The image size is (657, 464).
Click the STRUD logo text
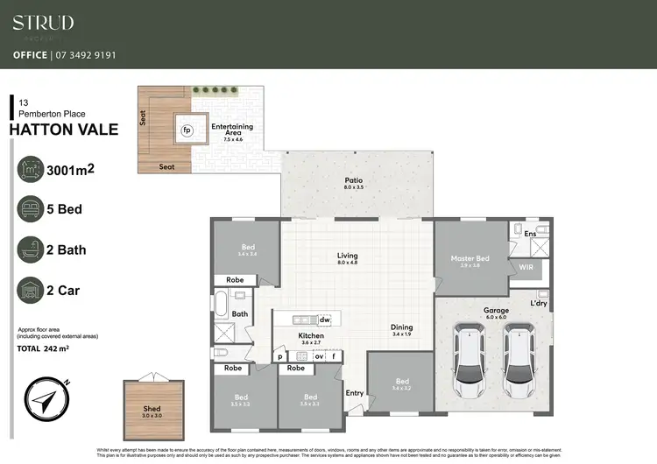[x=43, y=23]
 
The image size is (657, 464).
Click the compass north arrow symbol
[x=42, y=399]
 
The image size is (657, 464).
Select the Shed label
[x=152, y=408]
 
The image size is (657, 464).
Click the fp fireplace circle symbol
[x=187, y=131]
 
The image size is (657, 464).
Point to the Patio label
[x=353, y=182]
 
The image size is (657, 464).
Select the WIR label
[x=526, y=266]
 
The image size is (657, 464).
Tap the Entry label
[x=355, y=394]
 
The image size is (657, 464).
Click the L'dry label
[x=539, y=303]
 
